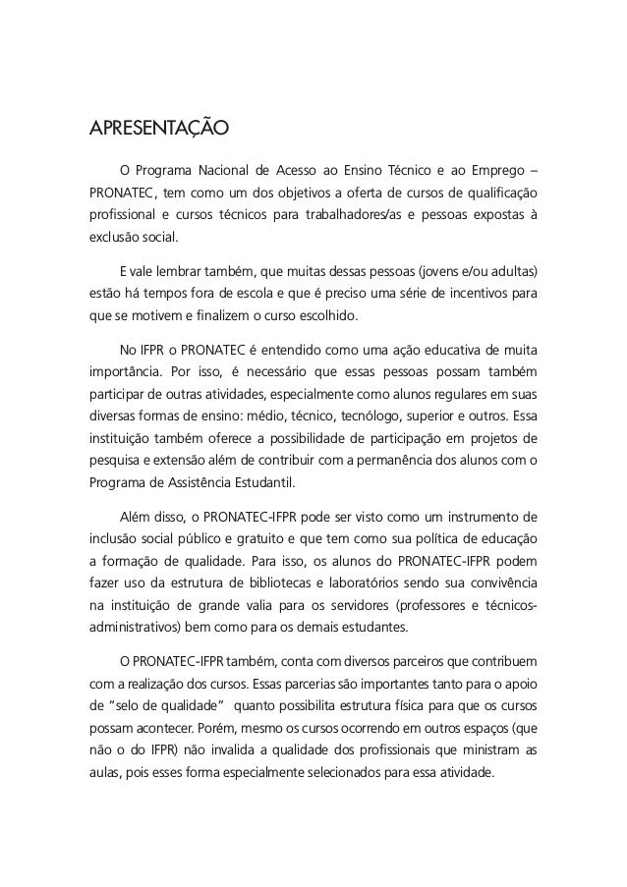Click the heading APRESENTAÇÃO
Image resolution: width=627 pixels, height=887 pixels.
(159, 129)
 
